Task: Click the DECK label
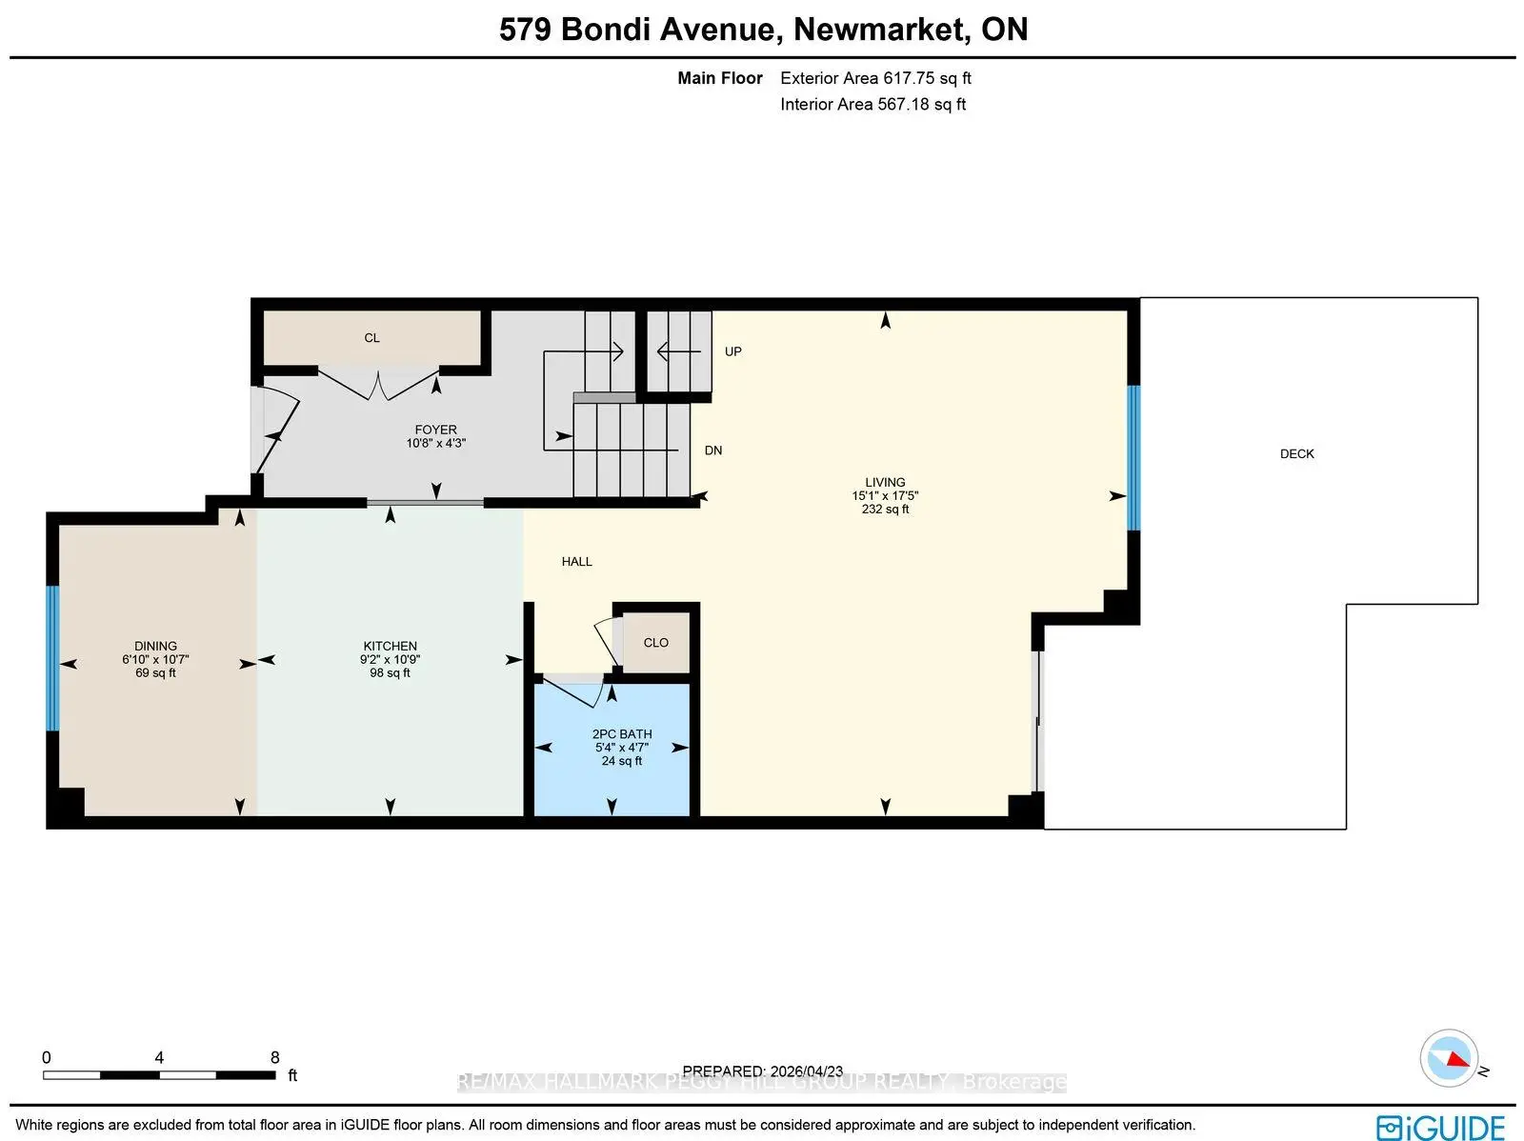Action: (1296, 454)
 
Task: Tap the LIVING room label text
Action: (885, 482)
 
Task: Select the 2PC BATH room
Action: (621, 748)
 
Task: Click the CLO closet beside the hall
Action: (655, 643)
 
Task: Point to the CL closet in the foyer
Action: (371, 338)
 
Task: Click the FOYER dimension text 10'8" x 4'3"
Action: (435, 443)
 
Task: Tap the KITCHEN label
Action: (390, 646)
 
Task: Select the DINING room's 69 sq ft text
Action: (155, 673)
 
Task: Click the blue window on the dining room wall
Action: (52, 658)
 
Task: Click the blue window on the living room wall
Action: (1133, 457)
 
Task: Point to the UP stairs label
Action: (732, 351)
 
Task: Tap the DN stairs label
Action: (712, 450)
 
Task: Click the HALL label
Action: (576, 562)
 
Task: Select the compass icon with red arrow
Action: (1449, 1058)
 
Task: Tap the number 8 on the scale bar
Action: (275, 1057)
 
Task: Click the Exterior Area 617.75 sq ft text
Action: (875, 78)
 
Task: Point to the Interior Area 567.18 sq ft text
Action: (872, 104)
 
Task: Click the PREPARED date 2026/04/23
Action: (762, 1071)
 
